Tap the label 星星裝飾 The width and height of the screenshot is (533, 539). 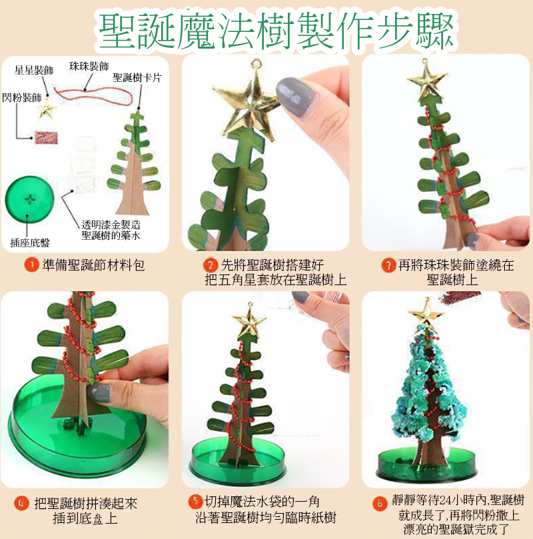point(34,71)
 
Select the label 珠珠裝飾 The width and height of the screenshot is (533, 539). point(89,67)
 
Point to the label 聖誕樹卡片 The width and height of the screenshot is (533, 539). point(137,78)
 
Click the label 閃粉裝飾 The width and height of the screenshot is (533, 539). point(21,98)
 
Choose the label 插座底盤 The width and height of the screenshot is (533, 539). point(30,243)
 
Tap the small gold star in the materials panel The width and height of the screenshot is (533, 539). point(47,109)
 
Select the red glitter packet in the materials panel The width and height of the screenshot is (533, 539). point(46,137)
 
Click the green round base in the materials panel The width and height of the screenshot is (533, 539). point(29,199)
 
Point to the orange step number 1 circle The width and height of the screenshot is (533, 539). point(31,265)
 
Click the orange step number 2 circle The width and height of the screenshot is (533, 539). point(211,265)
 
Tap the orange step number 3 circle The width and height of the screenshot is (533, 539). point(388,265)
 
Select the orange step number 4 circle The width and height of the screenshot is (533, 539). point(21,503)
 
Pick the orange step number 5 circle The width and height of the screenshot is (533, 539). point(195,501)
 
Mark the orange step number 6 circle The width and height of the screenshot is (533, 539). point(380,504)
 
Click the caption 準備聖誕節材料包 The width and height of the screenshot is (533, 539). point(93,265)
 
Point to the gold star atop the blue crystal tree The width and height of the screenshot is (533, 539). point(426,314)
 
